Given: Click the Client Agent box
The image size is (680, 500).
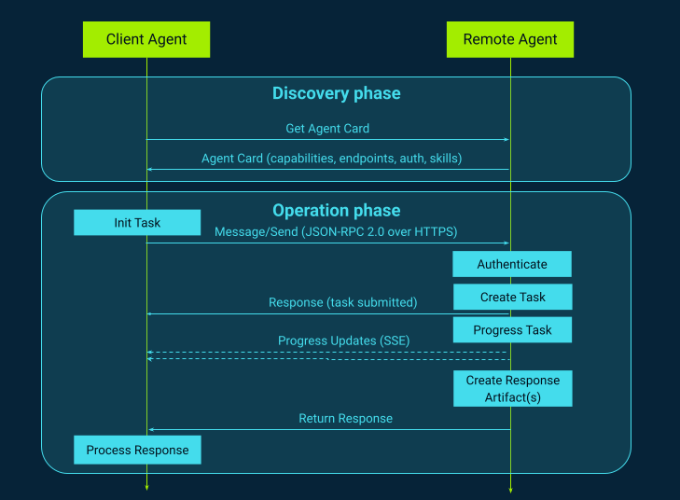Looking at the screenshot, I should (146, 39).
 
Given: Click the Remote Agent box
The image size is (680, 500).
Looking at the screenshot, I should (510, 39).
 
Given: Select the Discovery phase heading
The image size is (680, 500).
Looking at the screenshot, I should (336, 93).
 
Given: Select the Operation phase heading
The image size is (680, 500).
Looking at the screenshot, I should (336, 210).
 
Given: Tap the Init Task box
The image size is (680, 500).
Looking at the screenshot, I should (137, 222).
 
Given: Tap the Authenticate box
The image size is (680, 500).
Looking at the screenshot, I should (512, 264).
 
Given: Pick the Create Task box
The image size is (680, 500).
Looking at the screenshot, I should (512, 297).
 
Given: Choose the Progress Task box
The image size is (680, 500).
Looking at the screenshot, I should (512, 330).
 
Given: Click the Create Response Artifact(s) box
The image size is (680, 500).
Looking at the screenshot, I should (512, 389).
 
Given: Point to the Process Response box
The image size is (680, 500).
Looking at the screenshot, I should (137, 451).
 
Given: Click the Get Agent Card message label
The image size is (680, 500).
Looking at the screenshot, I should (327, 128).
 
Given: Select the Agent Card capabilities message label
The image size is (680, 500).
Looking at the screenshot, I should (331, 159).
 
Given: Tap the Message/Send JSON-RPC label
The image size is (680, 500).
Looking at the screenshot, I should (336, 231).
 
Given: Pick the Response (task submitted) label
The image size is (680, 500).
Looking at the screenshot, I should (342, 302).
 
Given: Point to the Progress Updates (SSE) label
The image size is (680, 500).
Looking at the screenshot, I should (343, 340).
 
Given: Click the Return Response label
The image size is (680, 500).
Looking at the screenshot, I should (345, 419).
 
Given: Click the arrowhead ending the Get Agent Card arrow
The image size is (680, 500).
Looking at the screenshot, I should (506, 140).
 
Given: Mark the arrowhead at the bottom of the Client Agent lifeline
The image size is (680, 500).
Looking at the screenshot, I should (146, 487).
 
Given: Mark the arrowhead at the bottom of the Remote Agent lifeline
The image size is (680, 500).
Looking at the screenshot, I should (510, 487).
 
